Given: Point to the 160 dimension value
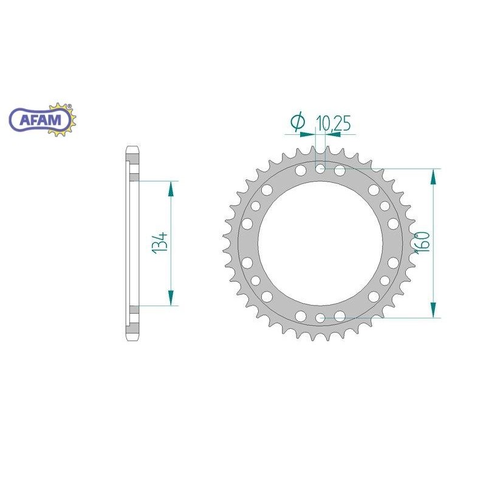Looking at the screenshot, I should [x=423, y=242].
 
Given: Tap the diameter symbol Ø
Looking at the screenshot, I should [x=298, y=123].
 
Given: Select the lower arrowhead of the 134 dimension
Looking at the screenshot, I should [x=171, y=298].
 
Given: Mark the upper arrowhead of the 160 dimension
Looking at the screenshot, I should [x=433, y=176].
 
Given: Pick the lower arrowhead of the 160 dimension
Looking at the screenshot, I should [x=433, y=309].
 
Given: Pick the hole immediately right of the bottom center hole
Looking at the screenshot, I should [x=340, y=315].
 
